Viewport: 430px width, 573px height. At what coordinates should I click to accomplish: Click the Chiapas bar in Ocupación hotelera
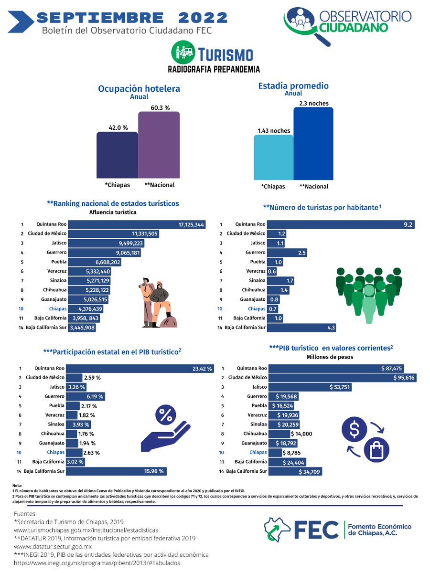(117, 155)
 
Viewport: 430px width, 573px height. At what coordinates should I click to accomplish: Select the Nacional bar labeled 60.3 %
(159, 145)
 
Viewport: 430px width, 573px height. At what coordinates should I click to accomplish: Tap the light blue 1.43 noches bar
(273, 157)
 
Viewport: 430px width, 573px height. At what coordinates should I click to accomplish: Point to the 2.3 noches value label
(314, 103)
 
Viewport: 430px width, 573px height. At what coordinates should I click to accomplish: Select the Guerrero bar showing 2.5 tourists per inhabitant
(287, 253)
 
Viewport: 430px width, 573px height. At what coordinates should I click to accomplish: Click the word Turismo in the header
(225, 54)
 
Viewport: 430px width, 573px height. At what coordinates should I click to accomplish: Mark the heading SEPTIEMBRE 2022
(131, 18)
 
